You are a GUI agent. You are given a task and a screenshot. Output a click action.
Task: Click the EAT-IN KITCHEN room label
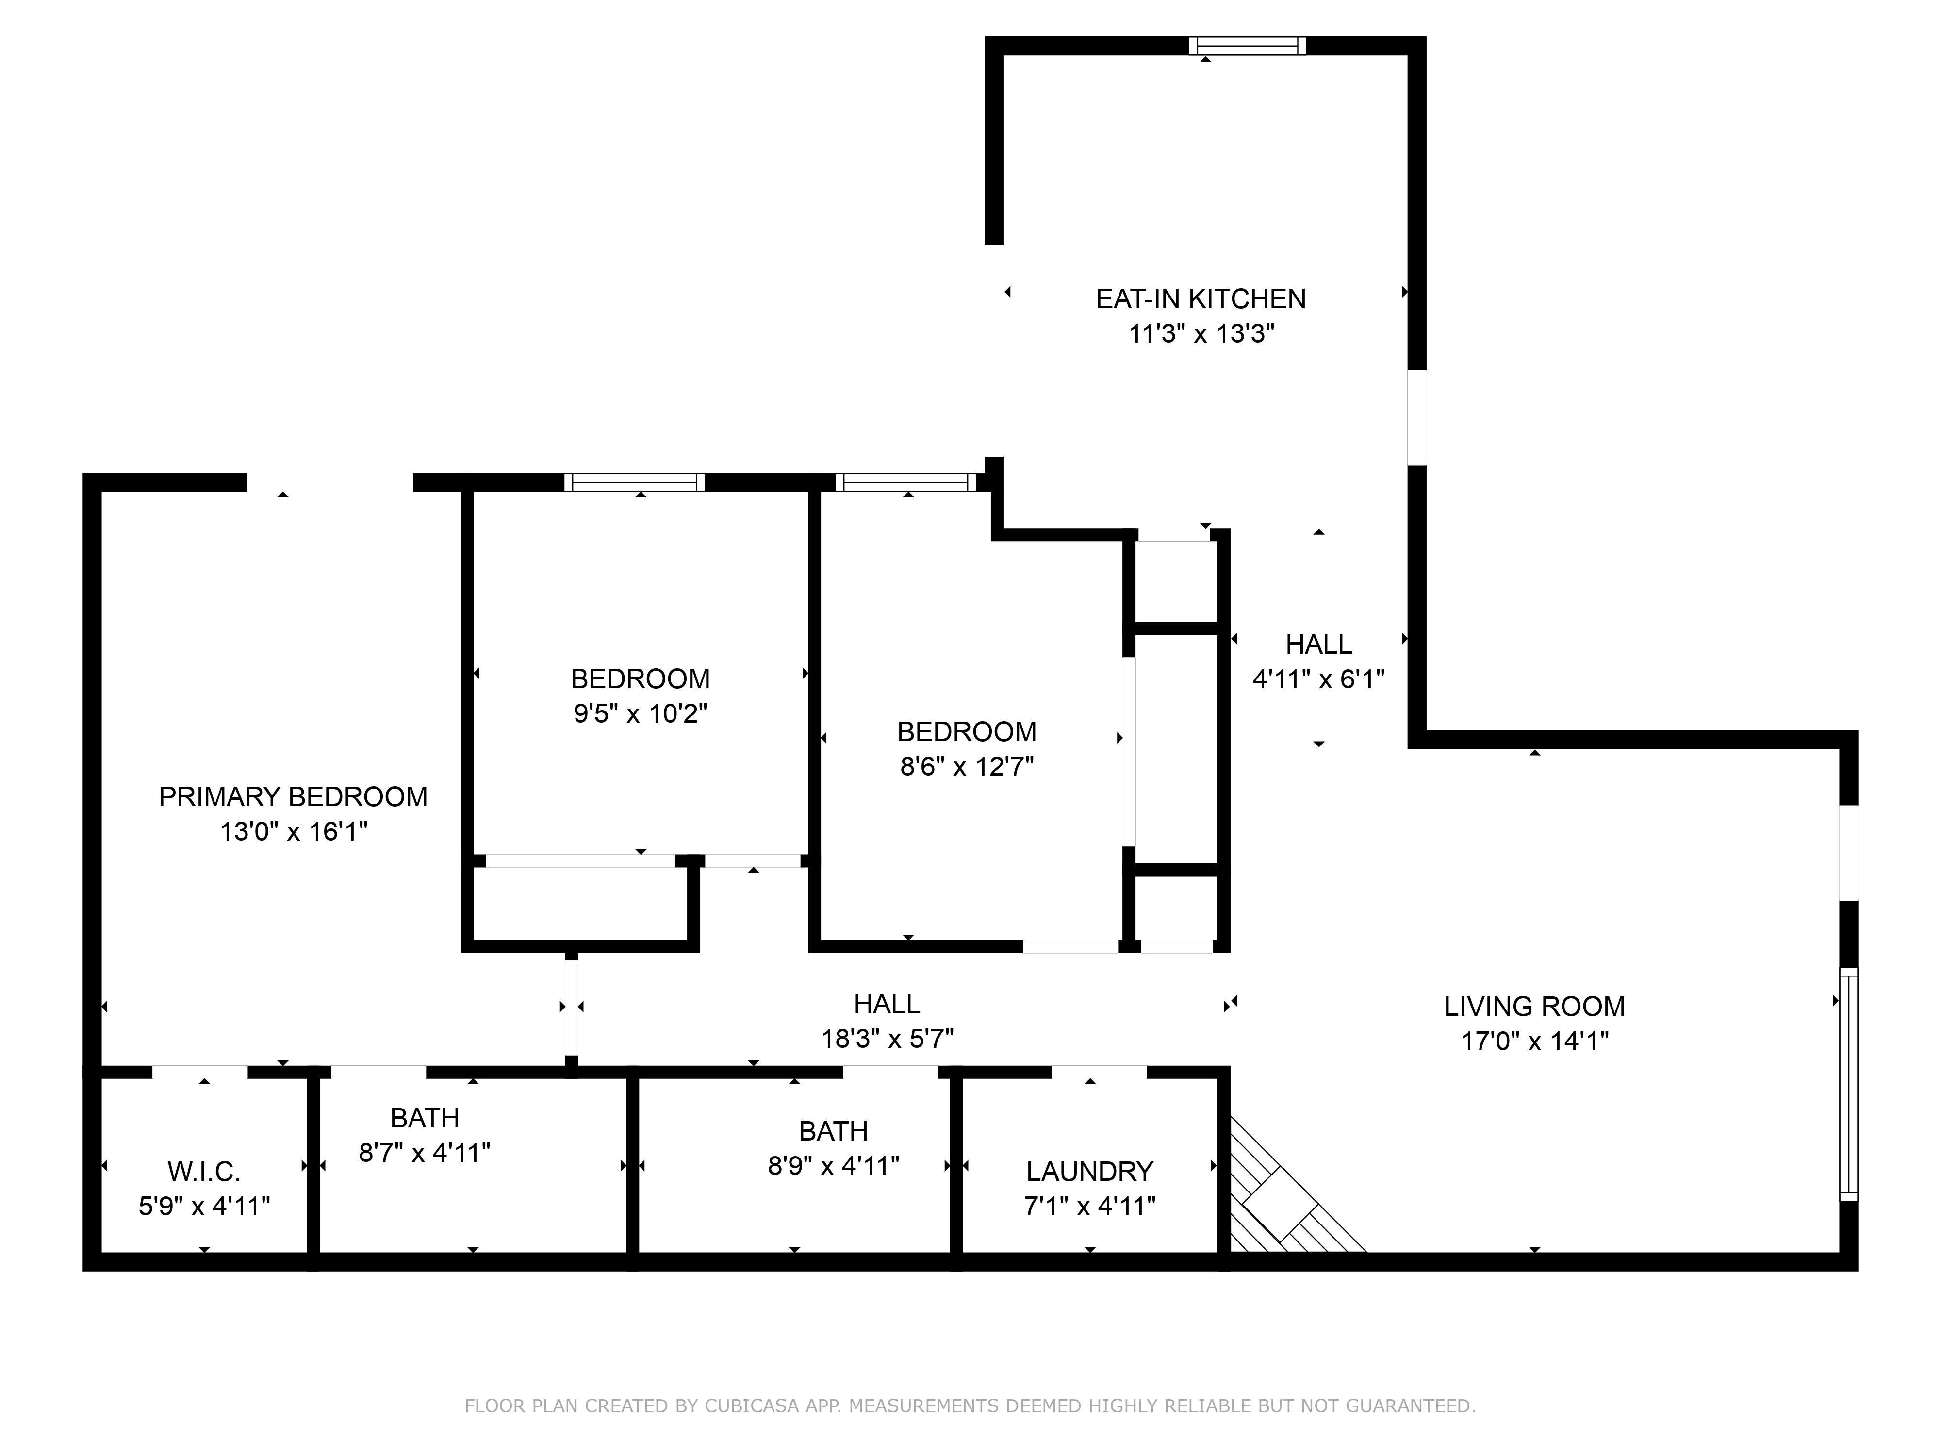(x=1201, y=299)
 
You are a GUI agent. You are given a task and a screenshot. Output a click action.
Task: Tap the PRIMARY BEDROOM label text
(x=293, y=797)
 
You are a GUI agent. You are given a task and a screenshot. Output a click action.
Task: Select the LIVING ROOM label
(x=1535, y=1007)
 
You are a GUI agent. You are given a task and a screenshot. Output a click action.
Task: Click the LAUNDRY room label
(x=1090, y=1172)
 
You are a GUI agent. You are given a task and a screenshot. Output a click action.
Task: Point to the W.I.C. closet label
(x=204, y=1172)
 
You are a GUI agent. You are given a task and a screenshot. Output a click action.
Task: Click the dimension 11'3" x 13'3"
(x=1201, y=334)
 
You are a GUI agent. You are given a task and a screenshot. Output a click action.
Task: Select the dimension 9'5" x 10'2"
(x=641, y=713)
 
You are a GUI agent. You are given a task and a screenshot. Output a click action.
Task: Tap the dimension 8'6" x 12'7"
(x=967, y=767)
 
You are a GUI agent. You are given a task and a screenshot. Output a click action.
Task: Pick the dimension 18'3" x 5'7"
(x=887, y=1039)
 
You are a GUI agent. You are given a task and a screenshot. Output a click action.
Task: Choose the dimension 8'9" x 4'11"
(x=834, y=1166)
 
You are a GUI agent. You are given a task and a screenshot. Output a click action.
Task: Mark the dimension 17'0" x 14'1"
(x=1535, y=1042)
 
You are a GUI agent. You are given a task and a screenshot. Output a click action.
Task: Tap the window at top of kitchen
(x=1247, y=46)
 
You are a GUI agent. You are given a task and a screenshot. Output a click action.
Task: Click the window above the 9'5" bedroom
(x=634, y=482)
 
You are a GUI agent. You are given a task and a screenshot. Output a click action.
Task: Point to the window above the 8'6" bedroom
(x=905, y=482)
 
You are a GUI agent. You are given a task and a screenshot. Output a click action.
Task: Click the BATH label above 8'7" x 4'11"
(x=425, y=1118)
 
